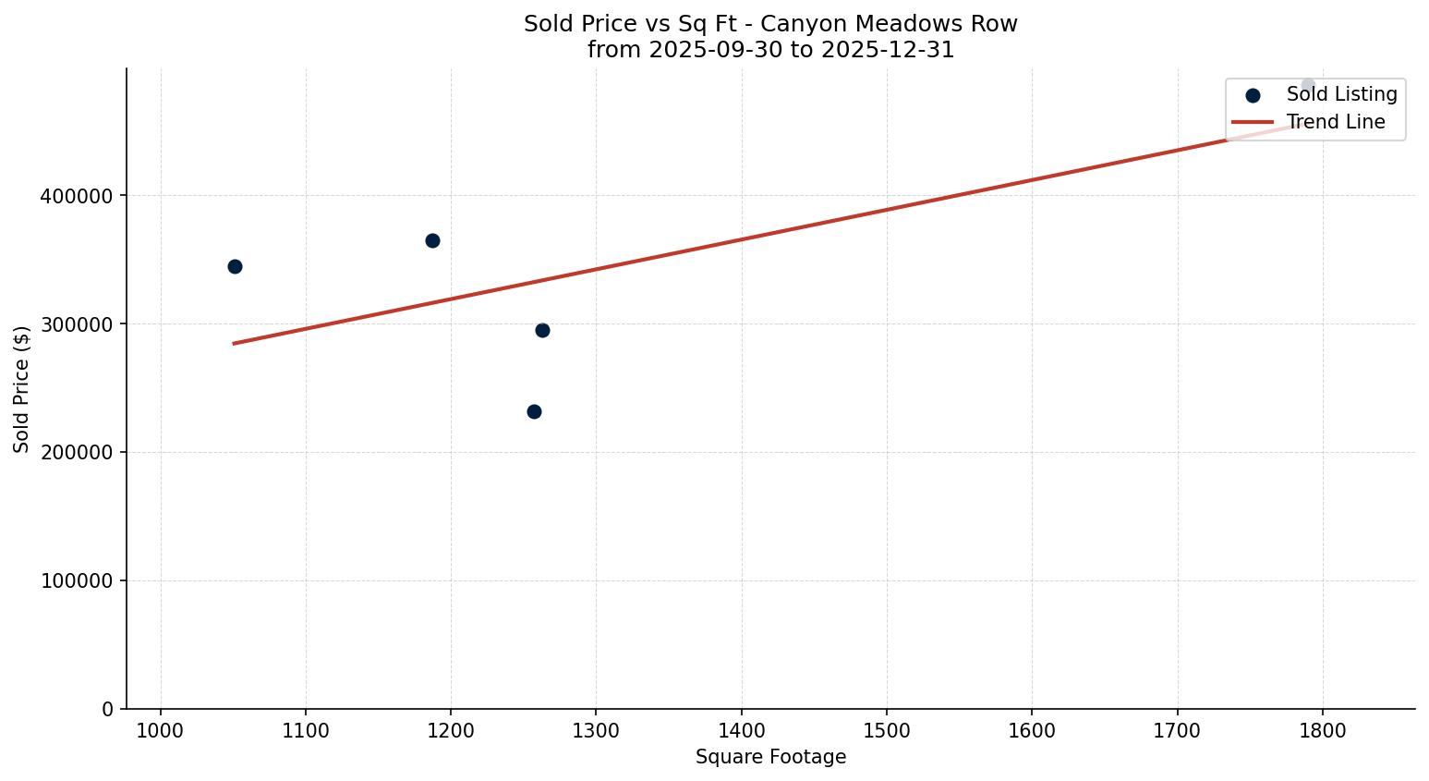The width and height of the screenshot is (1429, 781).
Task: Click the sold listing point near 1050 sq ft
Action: (x=235, y=266)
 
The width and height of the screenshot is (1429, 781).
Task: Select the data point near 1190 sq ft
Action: (x=432, y=240)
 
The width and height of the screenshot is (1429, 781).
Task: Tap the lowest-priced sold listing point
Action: (x=534, y=411)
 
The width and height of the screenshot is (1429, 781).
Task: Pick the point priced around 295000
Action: (x=542, y=330)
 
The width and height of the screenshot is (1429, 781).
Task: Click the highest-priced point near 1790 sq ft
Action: (x=1308, y=85)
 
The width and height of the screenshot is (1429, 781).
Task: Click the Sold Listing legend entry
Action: (x=1341, y=94)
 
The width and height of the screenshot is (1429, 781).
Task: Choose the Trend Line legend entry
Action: (x=1336, y=122)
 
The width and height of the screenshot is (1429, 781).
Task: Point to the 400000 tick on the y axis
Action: (x=78, y=196)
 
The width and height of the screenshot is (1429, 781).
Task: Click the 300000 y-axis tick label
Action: (x=78, y=324)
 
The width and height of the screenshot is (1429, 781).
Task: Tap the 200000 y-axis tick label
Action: (x=78, y=453)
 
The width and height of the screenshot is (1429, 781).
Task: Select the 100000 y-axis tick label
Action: (x=78, y=581)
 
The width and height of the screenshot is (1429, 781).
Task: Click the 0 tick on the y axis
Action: (x=108, y=709)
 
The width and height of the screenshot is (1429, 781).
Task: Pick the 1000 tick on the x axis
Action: (x=161, y=730)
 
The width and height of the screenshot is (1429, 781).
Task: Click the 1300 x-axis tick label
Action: (x=596, y=730)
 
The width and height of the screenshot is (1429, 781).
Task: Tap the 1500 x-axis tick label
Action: (x=886, y=730)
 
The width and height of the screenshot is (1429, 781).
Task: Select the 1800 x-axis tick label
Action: (x=1322, y=730)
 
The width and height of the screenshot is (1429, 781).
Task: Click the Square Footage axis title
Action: (x=770, y=757)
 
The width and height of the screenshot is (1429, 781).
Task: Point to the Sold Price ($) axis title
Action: (x=22, y=388)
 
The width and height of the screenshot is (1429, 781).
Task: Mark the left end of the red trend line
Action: (x=234, y=343)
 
